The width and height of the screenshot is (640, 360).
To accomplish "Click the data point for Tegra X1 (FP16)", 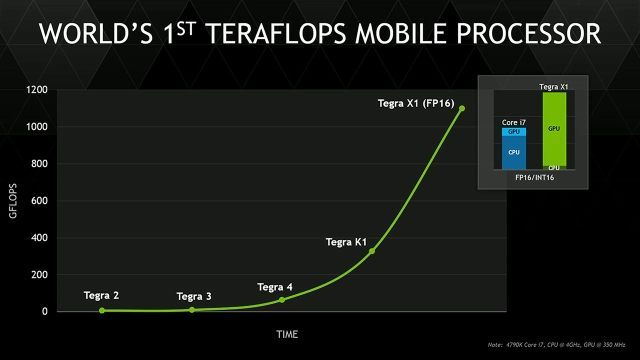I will tap(462, 108).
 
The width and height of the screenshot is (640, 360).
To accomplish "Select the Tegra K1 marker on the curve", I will tap(372, 251).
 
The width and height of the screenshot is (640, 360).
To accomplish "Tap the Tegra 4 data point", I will tap(282, 299).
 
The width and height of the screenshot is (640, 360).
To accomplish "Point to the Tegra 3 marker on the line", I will tap(192, 309).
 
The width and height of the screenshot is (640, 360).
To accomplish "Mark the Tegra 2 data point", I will tap(102, 310).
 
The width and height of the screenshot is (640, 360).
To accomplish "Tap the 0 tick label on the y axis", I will tap(43, 311).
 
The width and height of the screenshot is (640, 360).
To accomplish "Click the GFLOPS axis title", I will tap(14, 201).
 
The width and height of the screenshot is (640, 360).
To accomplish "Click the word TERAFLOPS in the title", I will tap(314, 35).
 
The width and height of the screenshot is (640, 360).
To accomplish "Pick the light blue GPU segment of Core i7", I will tap(514, 131).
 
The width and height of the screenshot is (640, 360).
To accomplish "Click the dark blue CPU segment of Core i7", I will tap(514, 152).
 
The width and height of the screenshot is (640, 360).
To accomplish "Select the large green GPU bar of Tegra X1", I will tap(553, 129).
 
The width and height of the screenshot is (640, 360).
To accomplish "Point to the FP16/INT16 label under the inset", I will tap(534, 177).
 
